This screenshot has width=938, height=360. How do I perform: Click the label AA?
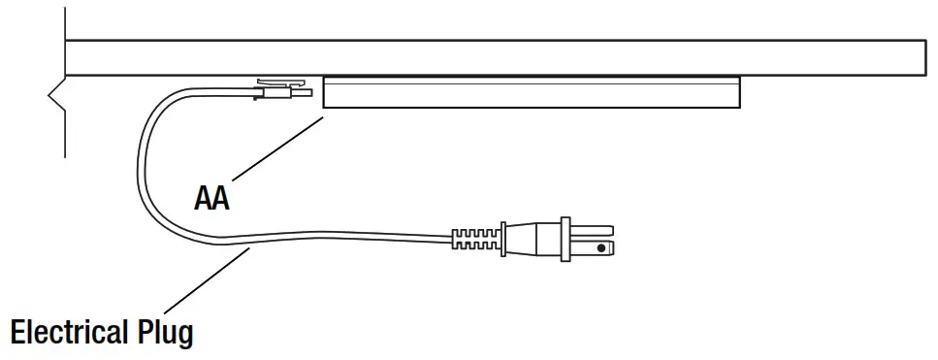pyautogui.click(x=210, y=199)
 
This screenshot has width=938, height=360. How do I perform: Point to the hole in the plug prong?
pyautogui.click(x=603, y=248)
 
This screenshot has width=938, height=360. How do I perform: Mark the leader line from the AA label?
pyautogui.click(x=275, y=147)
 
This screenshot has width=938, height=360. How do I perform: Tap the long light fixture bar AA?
pyautogui.click(x=532, y=92)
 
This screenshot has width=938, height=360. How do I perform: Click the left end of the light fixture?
pyautogui.click(x=327, y=92)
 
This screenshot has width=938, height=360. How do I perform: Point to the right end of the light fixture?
pyautogui.click(x=737, y=92)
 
